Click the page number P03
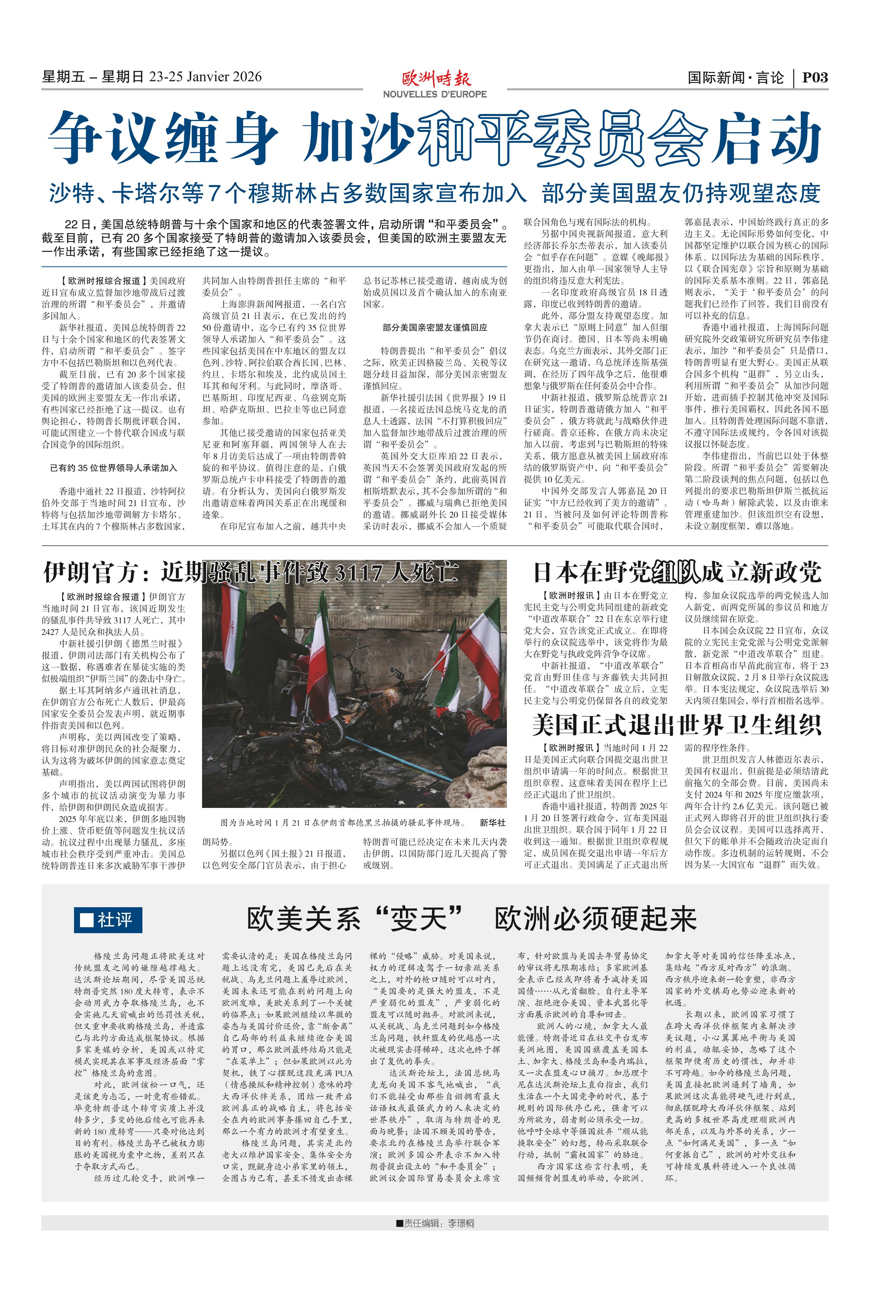(x=815, y=77)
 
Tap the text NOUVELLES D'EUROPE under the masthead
(x=435, y=94)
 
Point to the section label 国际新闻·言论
(x=736, y=78)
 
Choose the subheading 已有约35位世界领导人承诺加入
(x=114, y=468)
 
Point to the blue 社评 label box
(x=108, y=920)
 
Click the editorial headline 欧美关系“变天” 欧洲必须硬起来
(x=471, y=918)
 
